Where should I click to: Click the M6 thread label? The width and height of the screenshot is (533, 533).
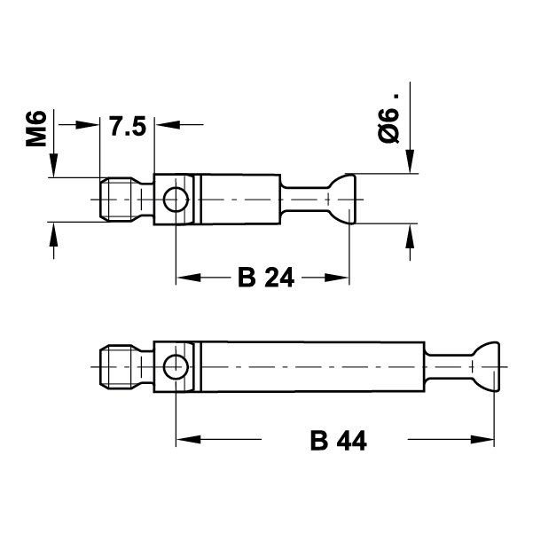[x=36, y=129]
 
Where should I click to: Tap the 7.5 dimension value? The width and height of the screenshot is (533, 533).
[x=128, y=126]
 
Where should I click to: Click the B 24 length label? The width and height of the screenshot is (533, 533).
[x=266, y=278]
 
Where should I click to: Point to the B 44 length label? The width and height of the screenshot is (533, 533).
[x=339, y=441]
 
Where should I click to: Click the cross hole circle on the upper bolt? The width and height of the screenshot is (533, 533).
[x=176, y=200]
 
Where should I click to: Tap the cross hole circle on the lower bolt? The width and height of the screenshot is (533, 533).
[x=176, y=367]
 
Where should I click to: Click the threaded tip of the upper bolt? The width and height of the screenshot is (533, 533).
[x=116, y=200]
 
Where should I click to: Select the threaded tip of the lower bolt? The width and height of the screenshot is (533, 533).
[x=116, y=367]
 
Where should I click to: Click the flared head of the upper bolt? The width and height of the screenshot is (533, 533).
[x=342, y=200]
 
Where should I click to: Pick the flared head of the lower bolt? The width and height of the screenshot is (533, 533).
[x=486, y=367]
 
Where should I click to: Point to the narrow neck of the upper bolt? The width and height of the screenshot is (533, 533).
[x=304, y=200]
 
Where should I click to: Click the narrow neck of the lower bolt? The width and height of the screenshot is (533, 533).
[x=449, y=367]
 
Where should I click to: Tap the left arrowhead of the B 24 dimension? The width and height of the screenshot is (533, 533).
[x=189, y=278]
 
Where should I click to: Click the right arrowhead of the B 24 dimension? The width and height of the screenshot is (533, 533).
[x=336, y=278]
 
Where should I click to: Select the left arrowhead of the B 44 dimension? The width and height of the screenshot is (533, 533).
[x=189, y=440]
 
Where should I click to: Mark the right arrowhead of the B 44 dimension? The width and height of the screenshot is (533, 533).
[x=482, y=440]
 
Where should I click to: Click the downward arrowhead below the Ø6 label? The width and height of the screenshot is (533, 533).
[x=410, y=161]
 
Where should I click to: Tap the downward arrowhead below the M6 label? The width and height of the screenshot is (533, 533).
[x=54, y=165]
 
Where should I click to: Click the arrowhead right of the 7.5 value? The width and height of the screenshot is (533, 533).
[x=168, y=125]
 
